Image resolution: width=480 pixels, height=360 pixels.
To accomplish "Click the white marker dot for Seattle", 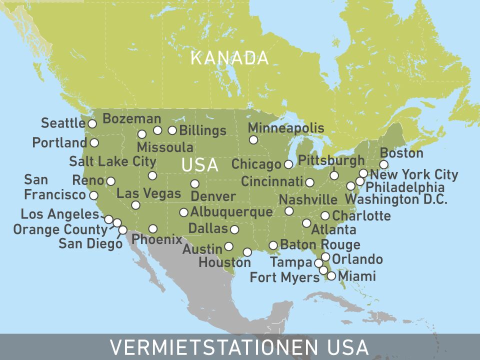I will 92,123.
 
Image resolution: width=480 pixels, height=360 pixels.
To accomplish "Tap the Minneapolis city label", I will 286,127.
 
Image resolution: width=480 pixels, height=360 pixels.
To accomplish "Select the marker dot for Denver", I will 194,183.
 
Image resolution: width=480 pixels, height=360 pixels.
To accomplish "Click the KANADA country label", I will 229,58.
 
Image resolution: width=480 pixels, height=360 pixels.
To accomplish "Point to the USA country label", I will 200,165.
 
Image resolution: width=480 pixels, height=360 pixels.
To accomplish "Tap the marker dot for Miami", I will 331,275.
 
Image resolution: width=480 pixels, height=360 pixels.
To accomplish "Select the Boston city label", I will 401,153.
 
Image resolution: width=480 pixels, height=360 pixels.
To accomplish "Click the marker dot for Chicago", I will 288,164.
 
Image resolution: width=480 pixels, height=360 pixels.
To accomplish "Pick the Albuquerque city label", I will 231,212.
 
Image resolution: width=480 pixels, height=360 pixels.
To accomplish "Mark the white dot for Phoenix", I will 153,228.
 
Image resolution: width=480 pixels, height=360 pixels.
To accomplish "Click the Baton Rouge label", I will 320,244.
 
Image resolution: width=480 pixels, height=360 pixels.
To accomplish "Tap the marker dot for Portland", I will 94,142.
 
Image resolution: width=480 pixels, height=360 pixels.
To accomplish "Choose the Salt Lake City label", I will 112,161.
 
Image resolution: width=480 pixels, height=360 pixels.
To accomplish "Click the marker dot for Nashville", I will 289,211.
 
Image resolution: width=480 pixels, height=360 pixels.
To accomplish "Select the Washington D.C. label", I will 396,199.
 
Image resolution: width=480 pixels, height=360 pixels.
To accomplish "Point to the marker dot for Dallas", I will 234,229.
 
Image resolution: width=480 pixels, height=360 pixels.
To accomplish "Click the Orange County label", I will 60,229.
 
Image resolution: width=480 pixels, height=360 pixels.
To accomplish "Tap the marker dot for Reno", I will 111,181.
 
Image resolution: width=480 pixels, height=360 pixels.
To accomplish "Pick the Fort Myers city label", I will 284,277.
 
